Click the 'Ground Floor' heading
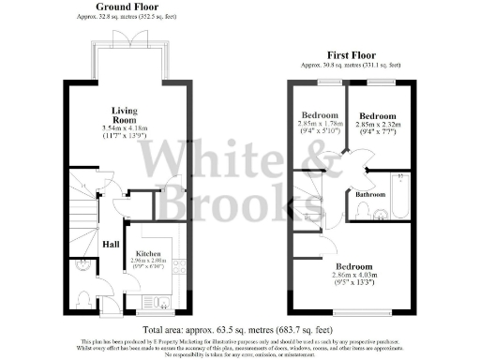tap(126, 7)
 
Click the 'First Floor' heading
tap(352, 54)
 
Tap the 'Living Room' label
tap(124, 114)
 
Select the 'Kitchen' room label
tap(150, 253)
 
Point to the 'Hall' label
tap(109, 246)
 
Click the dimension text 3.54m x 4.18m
tap(124, 127)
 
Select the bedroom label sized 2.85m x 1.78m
tap(317, 116)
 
